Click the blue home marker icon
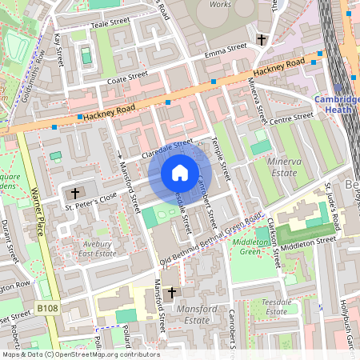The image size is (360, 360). click(x=180, y=172)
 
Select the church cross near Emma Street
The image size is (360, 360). click(x=261, y=39)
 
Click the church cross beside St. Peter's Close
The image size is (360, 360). click(x=76, y=193)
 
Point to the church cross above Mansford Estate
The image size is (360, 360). click(x=171, y=294)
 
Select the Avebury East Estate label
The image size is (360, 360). click(x=97, y=248)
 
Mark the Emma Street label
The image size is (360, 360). click(x=226, y=50)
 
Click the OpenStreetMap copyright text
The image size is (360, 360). click(x=80, y=354)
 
